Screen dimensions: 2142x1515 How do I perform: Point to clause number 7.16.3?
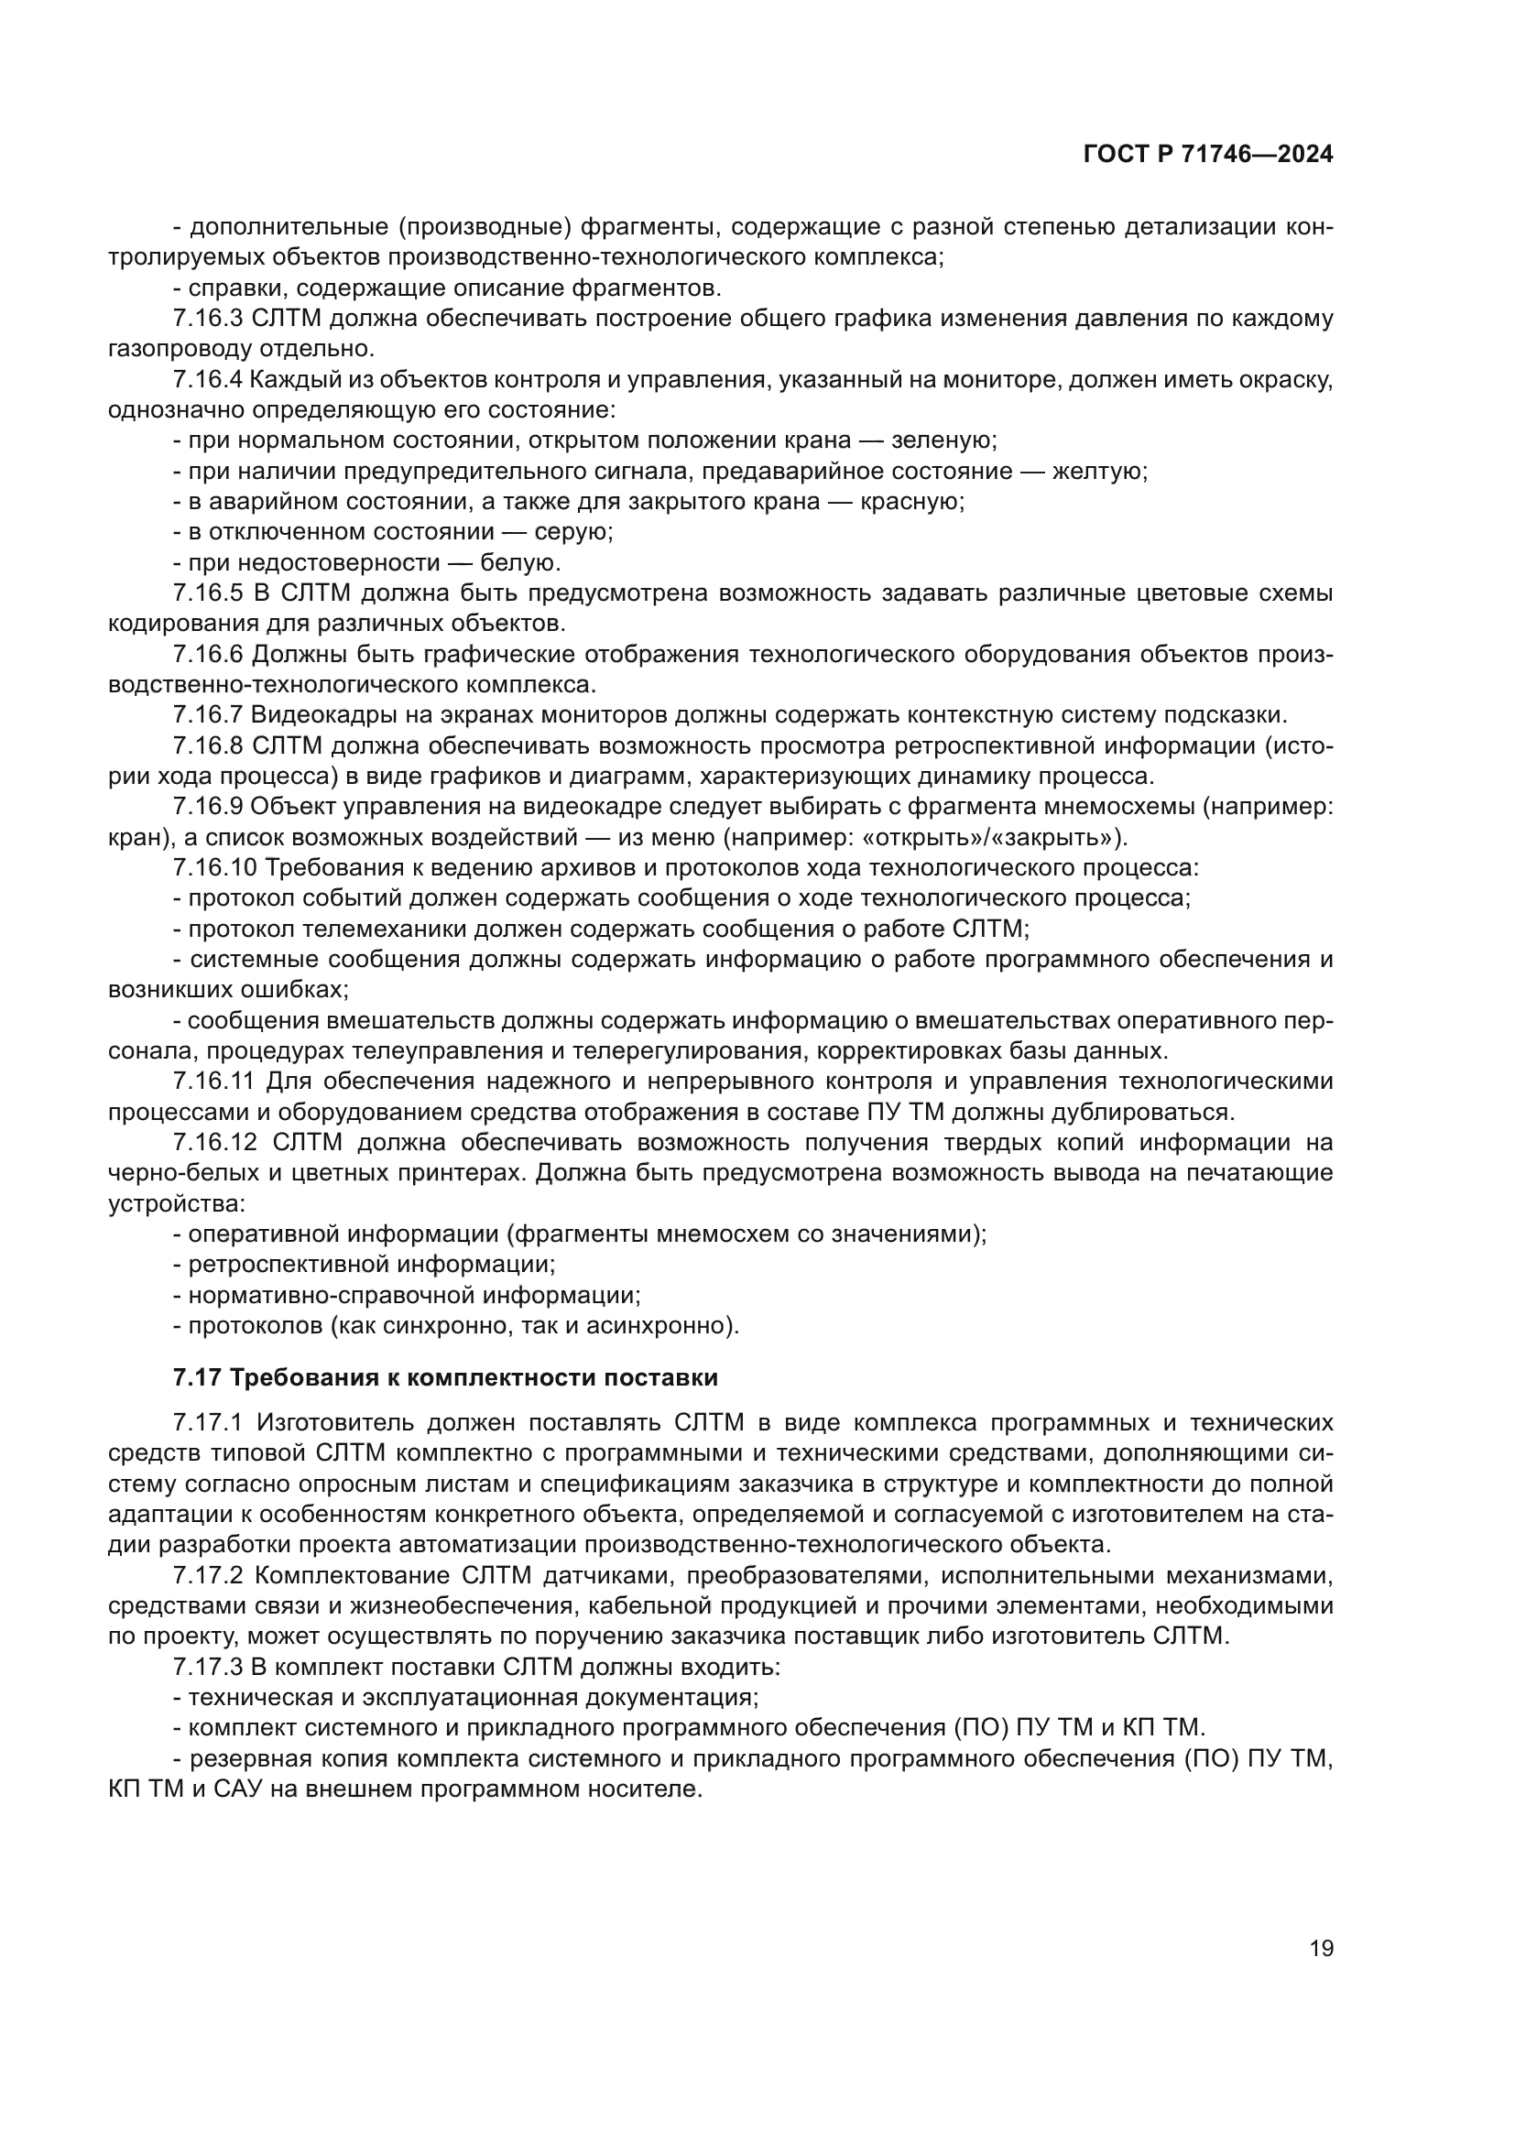coord(207,318)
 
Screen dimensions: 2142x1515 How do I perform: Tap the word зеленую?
coord(943,440)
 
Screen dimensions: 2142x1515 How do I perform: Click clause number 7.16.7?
coord(207,715)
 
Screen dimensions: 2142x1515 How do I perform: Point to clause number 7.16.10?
coord(214,867)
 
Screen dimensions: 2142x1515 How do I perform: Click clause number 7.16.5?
coord(207,593)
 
